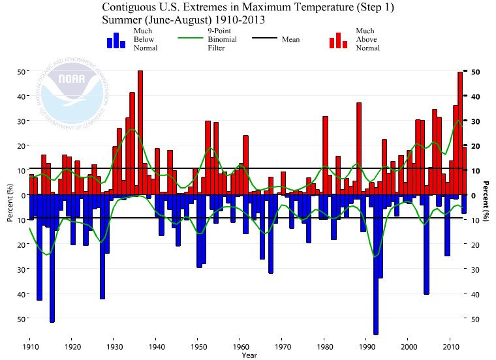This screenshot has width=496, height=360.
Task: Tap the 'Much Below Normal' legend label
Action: coord(144,39)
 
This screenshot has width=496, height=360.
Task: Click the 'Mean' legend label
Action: coord(290,40)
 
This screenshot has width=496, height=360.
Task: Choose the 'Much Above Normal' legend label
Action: coord(367,39)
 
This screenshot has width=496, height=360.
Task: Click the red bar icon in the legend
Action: coord(338,40)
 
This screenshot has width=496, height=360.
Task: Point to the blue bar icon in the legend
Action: coord(116,40)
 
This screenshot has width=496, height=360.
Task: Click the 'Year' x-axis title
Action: coord(249,355)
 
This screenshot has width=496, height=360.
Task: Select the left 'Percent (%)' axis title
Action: coord(10,203)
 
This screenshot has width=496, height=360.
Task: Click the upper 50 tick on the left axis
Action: coord(21,71)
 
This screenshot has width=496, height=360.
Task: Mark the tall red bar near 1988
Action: coord(359,149)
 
